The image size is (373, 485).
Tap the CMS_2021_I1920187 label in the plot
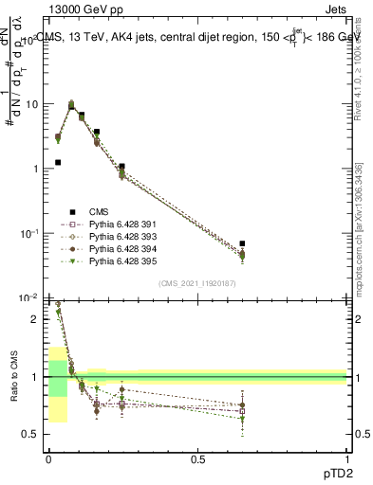196,283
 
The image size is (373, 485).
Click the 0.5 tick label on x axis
197,458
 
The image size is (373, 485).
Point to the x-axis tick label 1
346,458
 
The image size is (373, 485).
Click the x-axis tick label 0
48,458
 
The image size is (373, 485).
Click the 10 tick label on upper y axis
30,104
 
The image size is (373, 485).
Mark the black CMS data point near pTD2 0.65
242,243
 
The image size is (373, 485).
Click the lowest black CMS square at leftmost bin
58,163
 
